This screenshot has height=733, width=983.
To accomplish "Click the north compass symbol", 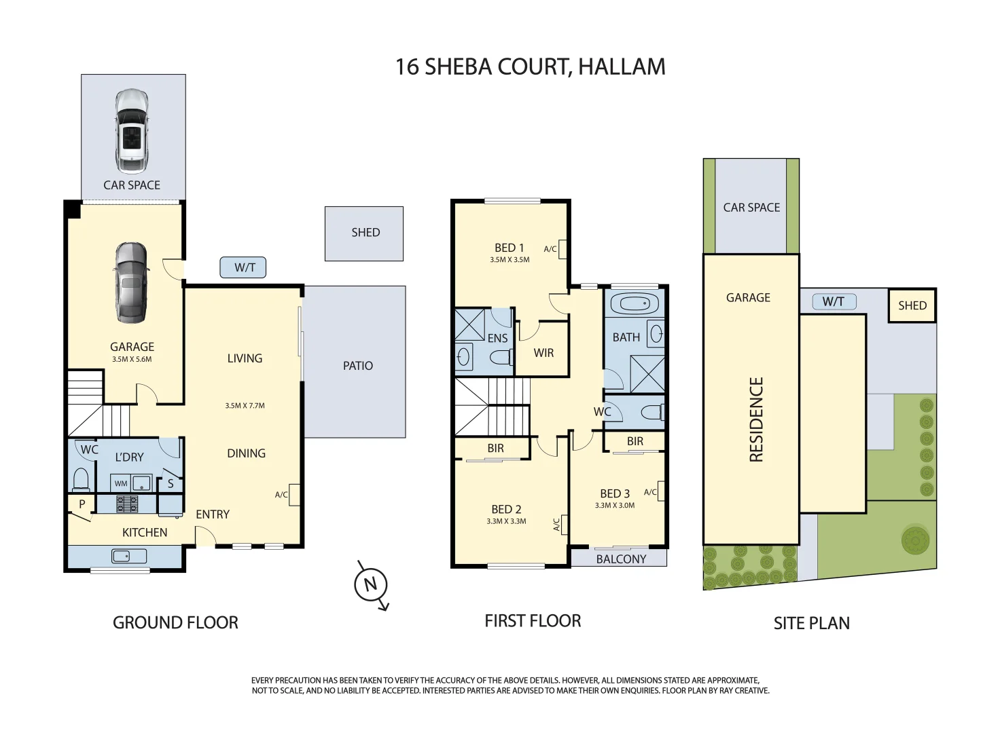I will click(371, 584).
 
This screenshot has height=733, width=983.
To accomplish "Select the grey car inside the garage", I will click(130, 282).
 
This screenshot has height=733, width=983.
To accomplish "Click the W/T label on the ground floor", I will click(243, 267).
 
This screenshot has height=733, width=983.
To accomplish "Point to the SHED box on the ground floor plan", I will click(364, 233).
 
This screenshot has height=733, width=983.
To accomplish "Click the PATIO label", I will click(357, 366).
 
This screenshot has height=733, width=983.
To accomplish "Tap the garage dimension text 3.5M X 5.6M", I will click(132, 360).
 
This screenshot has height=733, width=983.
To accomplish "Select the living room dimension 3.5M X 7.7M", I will click(245, 406).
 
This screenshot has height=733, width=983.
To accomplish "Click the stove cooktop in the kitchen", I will click(127, 504).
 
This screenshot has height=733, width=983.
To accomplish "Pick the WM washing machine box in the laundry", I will click(121, 484).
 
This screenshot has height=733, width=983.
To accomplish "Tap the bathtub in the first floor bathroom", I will click(634, 303).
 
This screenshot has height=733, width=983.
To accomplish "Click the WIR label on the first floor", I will click(543, 353).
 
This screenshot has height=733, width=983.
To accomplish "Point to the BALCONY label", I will click(621, 559).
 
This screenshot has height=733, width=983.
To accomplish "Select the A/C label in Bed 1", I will click(550, 249).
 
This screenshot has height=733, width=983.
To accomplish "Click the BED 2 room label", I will click(506, 509).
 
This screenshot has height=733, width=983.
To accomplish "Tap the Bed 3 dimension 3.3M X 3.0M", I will click(615, 506).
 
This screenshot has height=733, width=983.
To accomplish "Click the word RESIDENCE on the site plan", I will click(756, 419).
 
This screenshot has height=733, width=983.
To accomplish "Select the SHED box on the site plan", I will click(912, 305).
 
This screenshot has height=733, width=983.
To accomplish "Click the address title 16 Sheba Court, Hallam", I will click(530, 67).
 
